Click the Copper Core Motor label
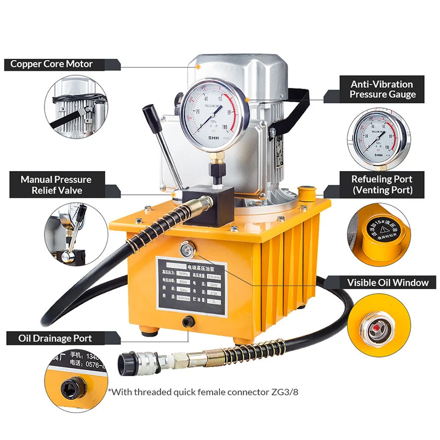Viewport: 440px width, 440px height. click(52, 64)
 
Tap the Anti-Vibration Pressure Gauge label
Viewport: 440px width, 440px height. click(382, 89)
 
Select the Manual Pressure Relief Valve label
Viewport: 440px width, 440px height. click(56, 185)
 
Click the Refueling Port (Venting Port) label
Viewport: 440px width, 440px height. click(382, 185)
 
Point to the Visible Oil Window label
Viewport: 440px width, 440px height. click(387, 283)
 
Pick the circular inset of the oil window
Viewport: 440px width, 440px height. click(380, 324)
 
